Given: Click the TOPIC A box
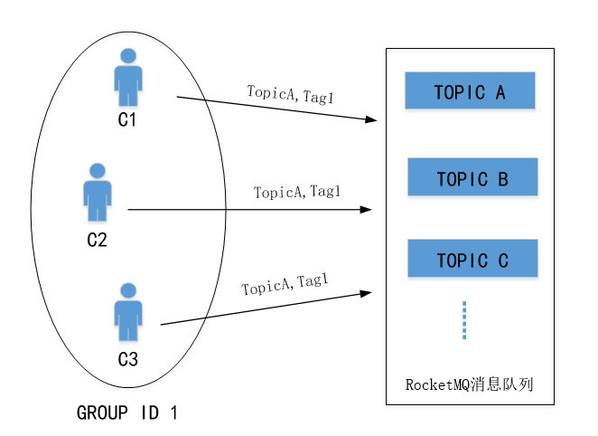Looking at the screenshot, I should click(470, 91).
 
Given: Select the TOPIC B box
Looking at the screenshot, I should click(472, 177).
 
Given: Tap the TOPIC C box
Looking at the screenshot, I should click(472, 260).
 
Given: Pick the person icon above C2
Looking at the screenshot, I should click(97, 194).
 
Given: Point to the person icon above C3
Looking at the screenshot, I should click(128, 313).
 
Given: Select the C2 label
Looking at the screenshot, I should click(97, 240).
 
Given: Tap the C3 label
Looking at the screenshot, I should click(128, 360).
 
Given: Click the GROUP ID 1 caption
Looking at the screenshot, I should click(127, 413).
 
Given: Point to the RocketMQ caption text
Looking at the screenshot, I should click(470, 384).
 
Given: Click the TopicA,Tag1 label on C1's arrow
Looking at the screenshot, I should click(290, 93).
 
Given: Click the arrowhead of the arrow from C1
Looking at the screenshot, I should click(370, 119).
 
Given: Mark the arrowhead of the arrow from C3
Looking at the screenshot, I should click(368, 292).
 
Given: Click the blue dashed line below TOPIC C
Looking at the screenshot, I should click(464, 320).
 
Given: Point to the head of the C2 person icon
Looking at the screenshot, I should click(97, 171).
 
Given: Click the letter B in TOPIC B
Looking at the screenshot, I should click(503, 178).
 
